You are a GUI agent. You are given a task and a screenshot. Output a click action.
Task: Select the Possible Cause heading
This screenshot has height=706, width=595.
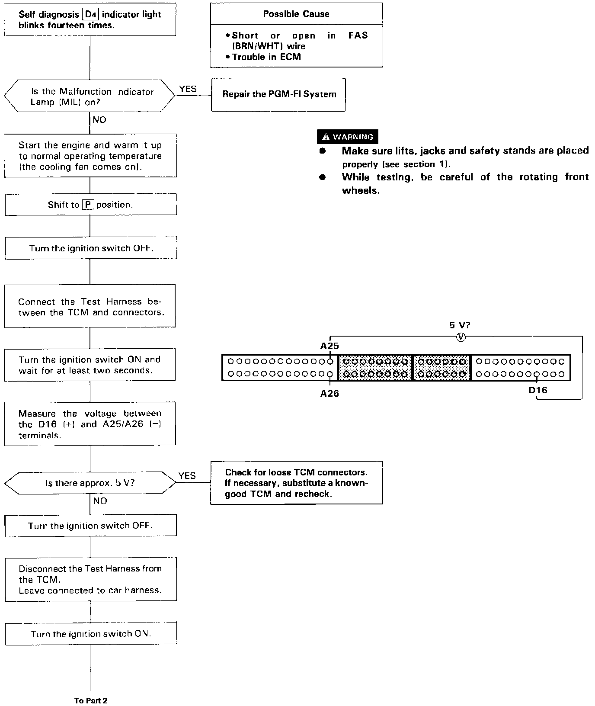(x=296, y=14)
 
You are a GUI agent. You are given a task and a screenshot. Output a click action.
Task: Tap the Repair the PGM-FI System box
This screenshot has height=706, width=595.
(x=278, y=95)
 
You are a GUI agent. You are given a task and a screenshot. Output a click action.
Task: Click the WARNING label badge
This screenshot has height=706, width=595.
(x=348, y=137)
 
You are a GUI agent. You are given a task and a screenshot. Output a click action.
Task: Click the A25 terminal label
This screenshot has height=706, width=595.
(x=329, y=346)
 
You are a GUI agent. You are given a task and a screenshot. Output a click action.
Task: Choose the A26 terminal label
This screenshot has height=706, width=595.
(x=329, y=393)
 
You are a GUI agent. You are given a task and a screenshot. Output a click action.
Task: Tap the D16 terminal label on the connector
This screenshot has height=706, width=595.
(x=538, y=390)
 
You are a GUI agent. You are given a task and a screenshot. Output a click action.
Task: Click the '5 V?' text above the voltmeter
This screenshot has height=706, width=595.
(x=460, y=325)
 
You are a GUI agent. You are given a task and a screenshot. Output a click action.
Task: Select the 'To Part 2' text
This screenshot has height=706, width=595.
(x=90, y=701)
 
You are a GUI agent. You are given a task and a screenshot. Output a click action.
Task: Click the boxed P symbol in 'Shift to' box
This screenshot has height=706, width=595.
(x=88, y=205)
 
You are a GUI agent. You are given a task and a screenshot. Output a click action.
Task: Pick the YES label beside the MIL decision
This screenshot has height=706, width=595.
(x=188, y=89)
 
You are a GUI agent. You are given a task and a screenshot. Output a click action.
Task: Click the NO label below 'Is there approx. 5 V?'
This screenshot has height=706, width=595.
(x=100, y=501)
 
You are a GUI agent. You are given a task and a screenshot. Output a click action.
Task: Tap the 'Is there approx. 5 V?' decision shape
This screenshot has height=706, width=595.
(x=90, y=483)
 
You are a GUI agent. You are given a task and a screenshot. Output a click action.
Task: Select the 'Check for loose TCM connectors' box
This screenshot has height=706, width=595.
(x=297, y=483)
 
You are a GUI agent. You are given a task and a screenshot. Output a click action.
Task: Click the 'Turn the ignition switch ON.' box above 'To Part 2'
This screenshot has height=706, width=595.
(x=91, y=634)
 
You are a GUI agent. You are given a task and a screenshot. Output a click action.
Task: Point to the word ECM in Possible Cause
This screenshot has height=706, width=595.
(x=291, y=57)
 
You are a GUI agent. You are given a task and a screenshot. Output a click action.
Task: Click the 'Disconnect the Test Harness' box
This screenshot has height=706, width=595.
(x=90, y=579)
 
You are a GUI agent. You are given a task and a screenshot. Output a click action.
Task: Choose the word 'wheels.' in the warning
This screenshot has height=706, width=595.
(x=361, y=191)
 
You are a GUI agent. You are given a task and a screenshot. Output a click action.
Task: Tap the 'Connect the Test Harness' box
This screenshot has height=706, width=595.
(x=90, y=306)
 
